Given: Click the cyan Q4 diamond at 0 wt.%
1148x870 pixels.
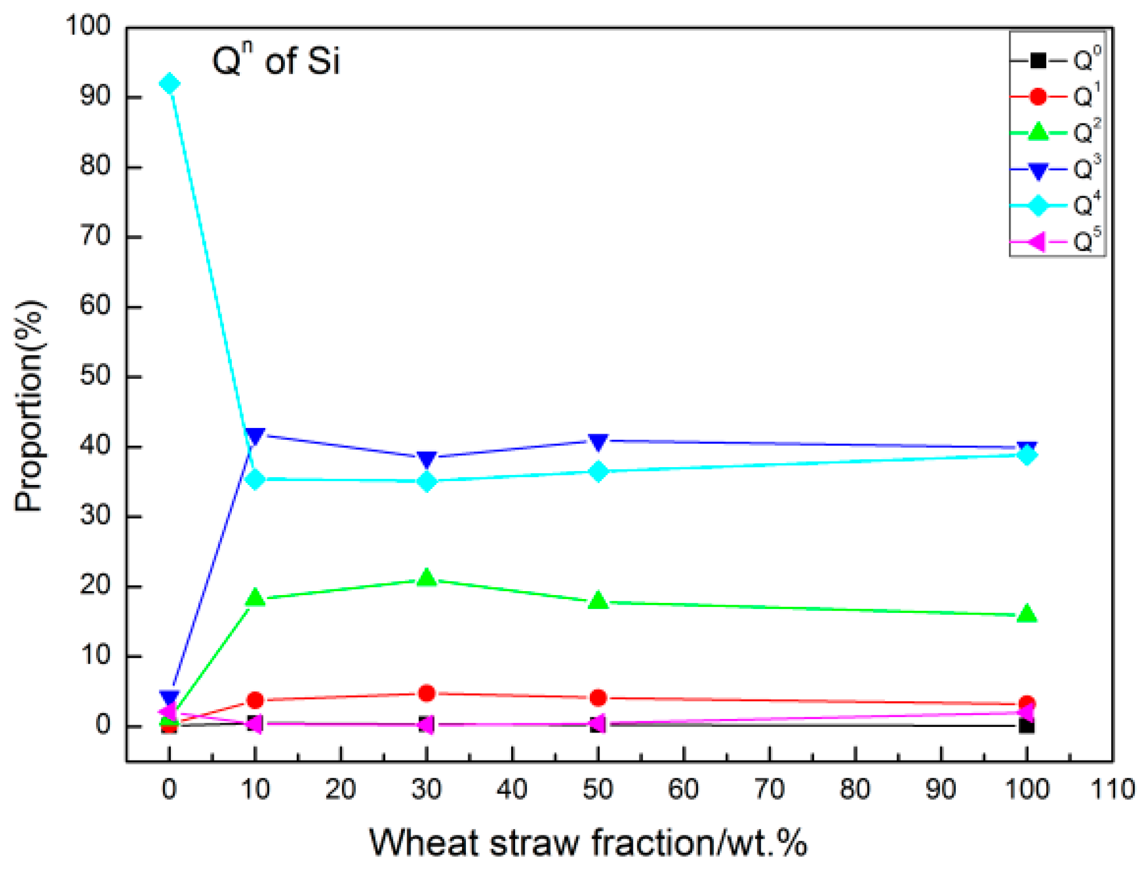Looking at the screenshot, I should (169, 84).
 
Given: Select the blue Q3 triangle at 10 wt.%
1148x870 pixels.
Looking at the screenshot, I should (255, 436).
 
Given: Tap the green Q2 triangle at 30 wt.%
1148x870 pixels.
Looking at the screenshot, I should (427, 578).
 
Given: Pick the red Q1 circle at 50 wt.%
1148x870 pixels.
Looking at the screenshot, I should (598, 698).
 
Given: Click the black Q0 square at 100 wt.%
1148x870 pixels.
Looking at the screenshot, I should (1027, 726).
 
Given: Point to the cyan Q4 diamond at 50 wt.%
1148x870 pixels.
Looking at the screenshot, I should (598, 472).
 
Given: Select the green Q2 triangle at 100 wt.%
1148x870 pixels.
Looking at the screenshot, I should (1027, 614).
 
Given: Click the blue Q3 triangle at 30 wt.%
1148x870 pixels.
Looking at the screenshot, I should (427, 459).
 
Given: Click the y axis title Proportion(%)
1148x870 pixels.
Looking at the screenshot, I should (29, 406).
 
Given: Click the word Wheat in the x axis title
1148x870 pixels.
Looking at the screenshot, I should (425, 843).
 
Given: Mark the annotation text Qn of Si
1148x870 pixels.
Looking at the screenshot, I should (276, 60).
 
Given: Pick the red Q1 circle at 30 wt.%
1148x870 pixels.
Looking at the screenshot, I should (427, 693).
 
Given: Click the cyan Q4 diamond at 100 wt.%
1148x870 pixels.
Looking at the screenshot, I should (1027, 455).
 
